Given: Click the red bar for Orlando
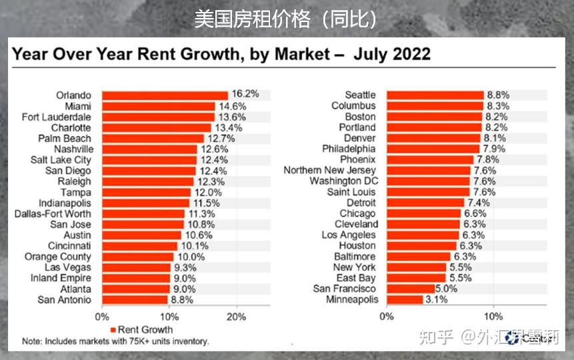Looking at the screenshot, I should [165, 95].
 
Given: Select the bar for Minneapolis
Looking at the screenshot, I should [404, 299].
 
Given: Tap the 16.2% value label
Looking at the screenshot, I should [245, 95].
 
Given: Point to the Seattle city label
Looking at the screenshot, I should [360, 95].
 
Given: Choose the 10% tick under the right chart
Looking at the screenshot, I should [493, 316].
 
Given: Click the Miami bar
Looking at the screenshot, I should [159, 106].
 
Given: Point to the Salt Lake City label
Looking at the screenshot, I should [61, 160].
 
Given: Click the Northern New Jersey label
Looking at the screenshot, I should [329, 171].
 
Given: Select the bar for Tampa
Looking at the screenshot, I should [146, 192].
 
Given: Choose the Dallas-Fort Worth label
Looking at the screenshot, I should [53, 214].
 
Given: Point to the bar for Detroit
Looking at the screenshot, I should [425, 203].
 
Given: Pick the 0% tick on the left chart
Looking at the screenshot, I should [102, 316].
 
